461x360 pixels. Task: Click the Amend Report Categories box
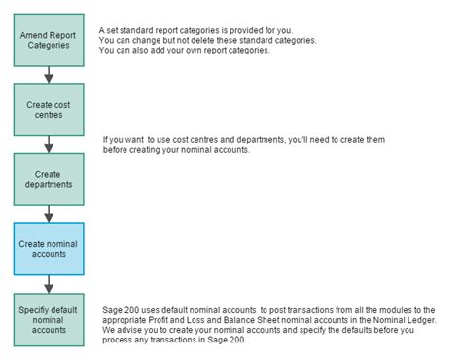tap(49, 40)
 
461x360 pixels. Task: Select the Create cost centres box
tap(49, 110)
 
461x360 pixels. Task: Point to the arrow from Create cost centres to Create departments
tap(49, 144)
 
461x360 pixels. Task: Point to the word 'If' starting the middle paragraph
tap(106, 139)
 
